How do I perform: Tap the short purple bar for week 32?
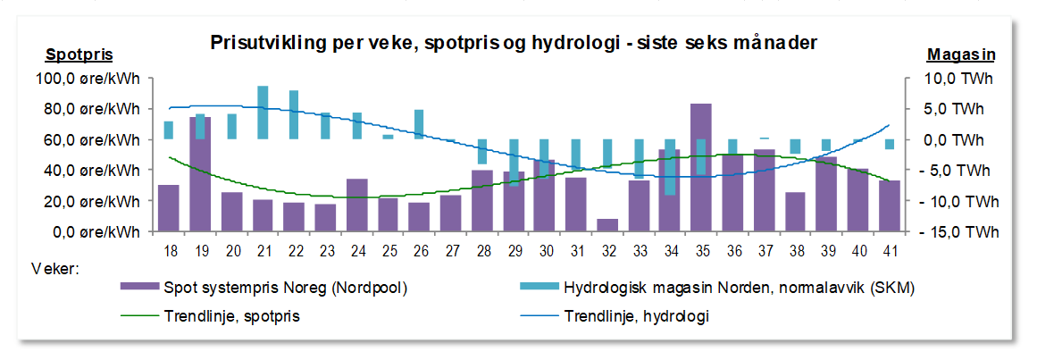tap(607, 225)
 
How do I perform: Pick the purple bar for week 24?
tap(356, 205)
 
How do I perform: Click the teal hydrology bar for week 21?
tap(263, 113)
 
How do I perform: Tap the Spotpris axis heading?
tap(79, 54)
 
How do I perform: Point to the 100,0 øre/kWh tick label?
tap(88, 79)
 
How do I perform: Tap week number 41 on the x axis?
tap(890, 252)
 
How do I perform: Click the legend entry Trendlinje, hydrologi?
tap(637, 316)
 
